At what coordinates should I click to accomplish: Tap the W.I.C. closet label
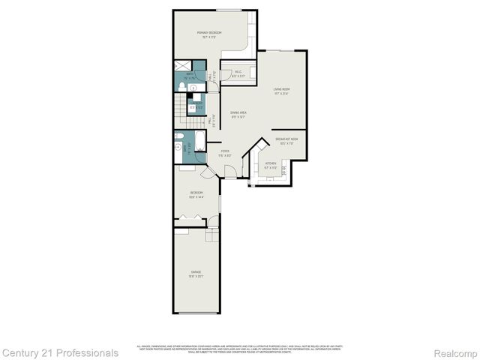click(x=237, y=73)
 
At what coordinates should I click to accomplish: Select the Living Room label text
click(x=281, y=91)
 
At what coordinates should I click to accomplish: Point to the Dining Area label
click(x=238, y=113)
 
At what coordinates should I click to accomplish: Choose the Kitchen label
click(x=270, y=164)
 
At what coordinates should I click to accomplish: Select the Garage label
click(x=196, y=273)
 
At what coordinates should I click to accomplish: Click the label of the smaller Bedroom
click(x=196, y=194)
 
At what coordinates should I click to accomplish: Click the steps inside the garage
click(x=212, y=235)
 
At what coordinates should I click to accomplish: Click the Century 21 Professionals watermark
click(x=59, y=352)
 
